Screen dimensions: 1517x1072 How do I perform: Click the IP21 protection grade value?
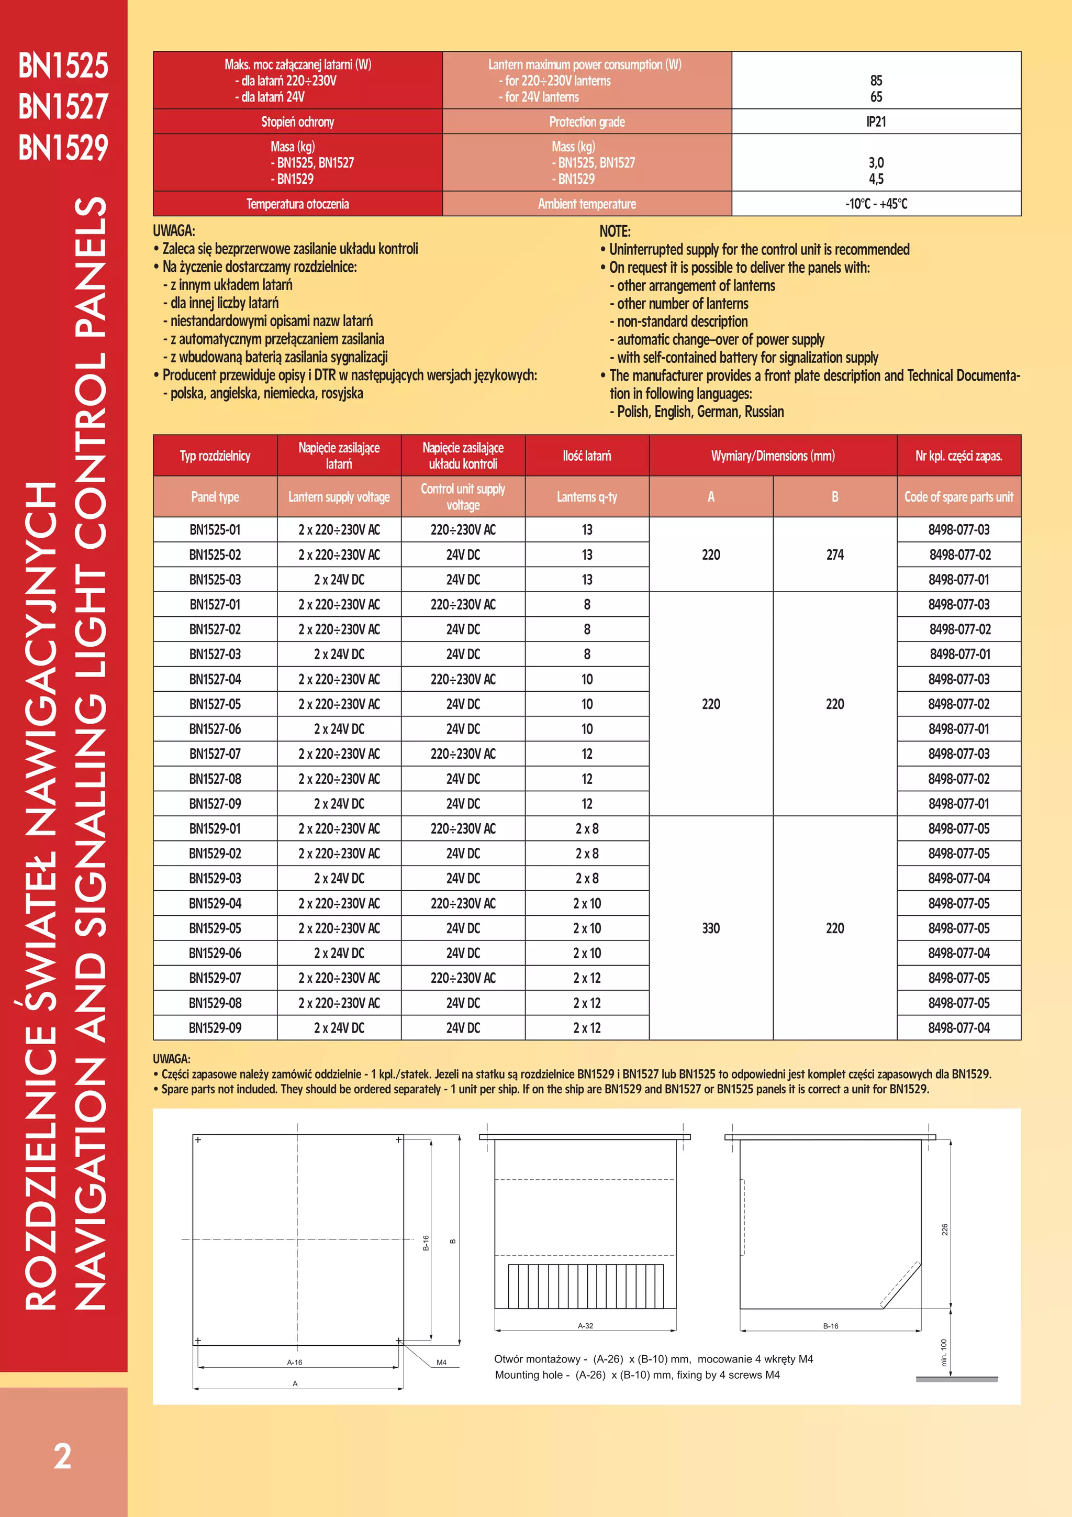[876, 121]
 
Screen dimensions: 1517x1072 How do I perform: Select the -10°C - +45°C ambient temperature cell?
[876, 204]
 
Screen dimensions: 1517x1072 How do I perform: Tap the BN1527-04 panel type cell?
[215, 679]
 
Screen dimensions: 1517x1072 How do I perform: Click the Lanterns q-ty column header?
[587, 497]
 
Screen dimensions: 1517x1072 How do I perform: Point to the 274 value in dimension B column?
[834, 555]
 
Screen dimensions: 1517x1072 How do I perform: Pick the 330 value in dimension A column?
[711, 928]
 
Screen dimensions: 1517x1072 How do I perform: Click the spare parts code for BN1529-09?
[958, 1028]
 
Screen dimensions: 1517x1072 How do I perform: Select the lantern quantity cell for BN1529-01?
[587, 828]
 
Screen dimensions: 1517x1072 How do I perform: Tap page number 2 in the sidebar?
[62, 1456]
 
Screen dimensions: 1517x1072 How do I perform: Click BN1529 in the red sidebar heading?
[63, 147]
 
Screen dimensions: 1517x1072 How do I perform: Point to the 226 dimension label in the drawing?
[944, 1230]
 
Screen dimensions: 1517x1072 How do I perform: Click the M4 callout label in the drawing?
[441, 1363]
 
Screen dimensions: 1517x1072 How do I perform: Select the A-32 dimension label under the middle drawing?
[585, 1325]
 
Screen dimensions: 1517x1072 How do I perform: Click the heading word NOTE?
[615, 231]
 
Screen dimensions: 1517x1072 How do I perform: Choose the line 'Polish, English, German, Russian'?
[700, 412]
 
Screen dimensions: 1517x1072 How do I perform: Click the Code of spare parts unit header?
[958, 497]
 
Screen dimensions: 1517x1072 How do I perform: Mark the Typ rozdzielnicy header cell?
[215, 456]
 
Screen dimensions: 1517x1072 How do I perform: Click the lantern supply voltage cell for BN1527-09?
[339, 804]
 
